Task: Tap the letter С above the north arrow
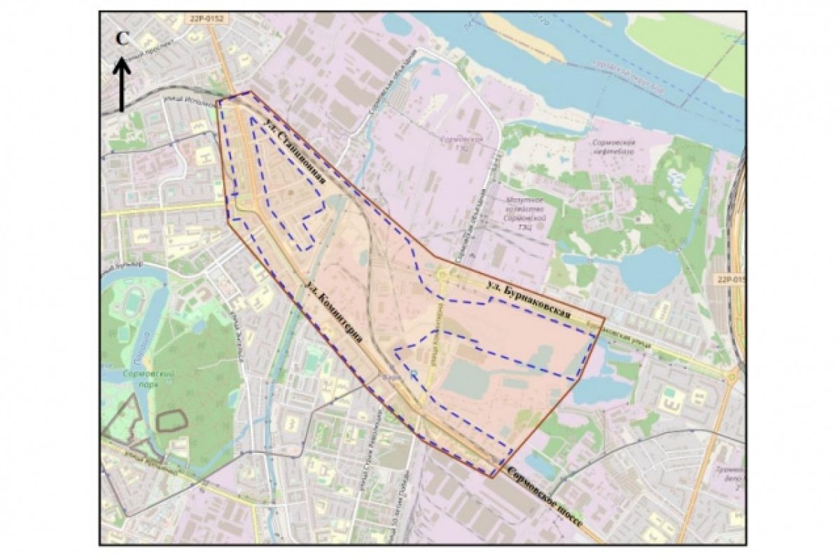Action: click(122, 39)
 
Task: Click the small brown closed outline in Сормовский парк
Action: click(171, 420)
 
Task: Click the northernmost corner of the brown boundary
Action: click(248, 92)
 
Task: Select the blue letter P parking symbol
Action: click(414, 376)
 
